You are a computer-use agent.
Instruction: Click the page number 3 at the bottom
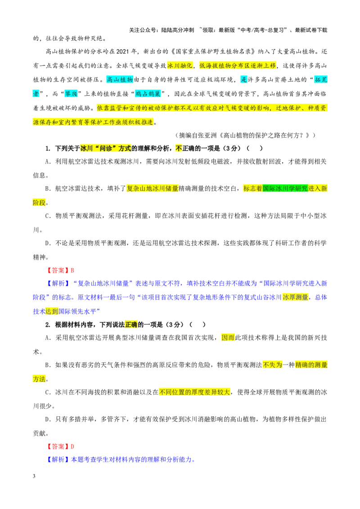pos(34,476)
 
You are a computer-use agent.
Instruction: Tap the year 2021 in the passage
pos(122,51)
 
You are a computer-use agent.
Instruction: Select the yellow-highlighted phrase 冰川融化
pos(180,66)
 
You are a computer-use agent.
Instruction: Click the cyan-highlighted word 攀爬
pos(71,94)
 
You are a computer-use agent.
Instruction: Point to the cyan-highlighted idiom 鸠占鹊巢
pos(148,94)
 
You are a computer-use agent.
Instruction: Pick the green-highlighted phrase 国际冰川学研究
pos(285,188)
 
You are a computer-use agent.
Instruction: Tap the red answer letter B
pos(72,270)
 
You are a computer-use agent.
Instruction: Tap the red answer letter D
pos(72,446)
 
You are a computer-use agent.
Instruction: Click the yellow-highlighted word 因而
pos(228,338)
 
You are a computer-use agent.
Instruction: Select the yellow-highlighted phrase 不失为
pos(272,365)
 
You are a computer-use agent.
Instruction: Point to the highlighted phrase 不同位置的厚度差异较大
pos(194,392)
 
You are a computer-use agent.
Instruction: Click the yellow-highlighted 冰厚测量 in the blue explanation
pos(295,297)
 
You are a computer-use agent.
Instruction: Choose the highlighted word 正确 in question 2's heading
pos(131,325)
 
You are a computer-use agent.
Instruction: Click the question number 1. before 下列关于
pos(48,149)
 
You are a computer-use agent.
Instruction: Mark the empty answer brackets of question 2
pos(198,325)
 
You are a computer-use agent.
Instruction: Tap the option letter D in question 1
pos(47,243)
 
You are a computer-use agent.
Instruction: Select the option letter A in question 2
pos(47,338)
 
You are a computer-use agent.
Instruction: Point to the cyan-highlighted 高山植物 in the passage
pos(120,80)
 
